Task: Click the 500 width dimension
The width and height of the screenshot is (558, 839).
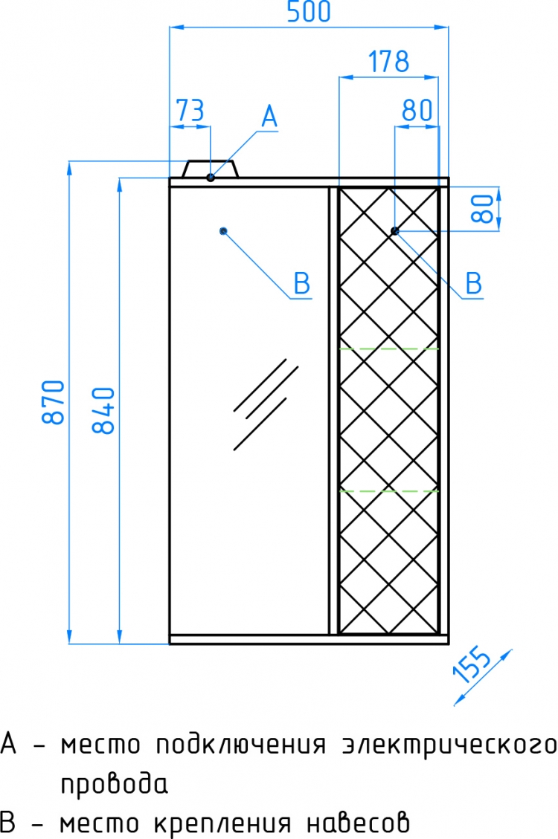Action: pyautogui.click(x=309, y=12)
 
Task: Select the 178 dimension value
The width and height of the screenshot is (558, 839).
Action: pyautogui.click(x=389, y=62)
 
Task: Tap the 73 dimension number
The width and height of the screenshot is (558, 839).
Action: pyautogui.click(x=190, y=111)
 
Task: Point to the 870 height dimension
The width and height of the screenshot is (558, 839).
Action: pyautogui.click(x=54, y=402)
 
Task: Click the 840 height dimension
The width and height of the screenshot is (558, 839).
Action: pyautogui.click(x=103, y=410)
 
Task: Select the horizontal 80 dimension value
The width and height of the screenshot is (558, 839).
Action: pyautogui.click(x=417, y=111)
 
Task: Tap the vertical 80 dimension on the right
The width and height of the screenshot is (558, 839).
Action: pyautogui.click(x=483, y=209)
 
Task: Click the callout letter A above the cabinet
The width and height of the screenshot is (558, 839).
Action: pyautogui.click(x=270, y=117)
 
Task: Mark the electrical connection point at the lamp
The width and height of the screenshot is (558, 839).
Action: pyautogui.click(x=211, y=178)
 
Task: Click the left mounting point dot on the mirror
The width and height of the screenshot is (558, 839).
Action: pyautogui.click(x=223, y=231)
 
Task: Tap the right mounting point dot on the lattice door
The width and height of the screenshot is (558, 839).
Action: pyautogui.click(x=394, y=231)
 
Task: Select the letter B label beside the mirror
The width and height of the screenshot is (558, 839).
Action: pyautogui.click(x=302, y=283)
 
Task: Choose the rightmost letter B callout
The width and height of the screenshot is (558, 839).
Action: pyautogui.click(x=473, y=283)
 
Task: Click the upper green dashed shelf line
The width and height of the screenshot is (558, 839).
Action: pyautogui.click(x=389, y=349)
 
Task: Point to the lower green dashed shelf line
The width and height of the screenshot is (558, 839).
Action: pyautogui.click(x=389, y=490)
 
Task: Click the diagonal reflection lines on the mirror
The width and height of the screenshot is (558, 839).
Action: pyautogui.click(x=265, y=404)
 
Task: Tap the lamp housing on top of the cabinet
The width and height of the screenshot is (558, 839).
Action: pyautogui.click(x=211, y=169)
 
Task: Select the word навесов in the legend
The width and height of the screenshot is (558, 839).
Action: pyautogui.click(x=358, y=823)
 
